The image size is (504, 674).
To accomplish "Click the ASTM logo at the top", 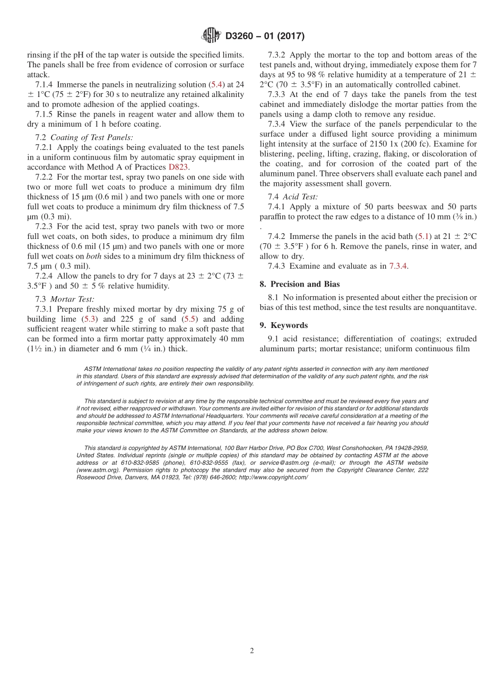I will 211,36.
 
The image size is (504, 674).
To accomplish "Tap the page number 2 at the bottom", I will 252,651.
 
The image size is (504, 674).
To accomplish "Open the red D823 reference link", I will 178,167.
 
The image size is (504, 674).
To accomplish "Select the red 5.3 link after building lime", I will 89,319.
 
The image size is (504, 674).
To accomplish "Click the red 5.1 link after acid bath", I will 424,236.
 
